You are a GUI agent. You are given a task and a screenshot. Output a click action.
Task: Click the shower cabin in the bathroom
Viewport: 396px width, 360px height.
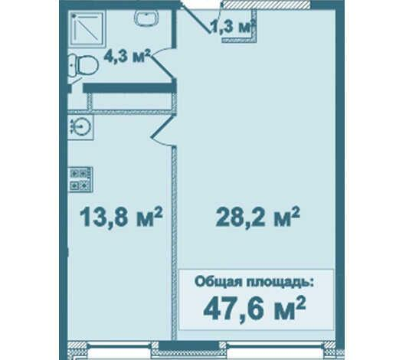click(x=87, y=28)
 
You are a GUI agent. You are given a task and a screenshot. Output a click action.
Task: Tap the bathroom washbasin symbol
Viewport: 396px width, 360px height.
click(x=146, y=18)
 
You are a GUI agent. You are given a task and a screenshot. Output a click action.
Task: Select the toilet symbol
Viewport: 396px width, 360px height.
click(x=83, y=65)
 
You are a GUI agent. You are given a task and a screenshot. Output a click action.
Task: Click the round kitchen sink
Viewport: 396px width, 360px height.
click(x=80, y=126)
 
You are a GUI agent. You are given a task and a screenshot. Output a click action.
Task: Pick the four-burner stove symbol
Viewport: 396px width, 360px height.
click(x=80, y=179)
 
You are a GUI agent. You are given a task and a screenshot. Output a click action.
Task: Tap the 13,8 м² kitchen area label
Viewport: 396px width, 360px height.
click(x=121, y=217)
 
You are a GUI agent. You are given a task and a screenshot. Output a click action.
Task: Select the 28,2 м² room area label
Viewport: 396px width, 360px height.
click(x=257, y=217)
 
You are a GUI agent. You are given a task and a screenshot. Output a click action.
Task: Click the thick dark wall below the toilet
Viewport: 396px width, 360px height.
click(x=129, y=88)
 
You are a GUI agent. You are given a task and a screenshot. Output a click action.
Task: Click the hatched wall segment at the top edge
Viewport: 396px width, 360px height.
click(x=267, y=5)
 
